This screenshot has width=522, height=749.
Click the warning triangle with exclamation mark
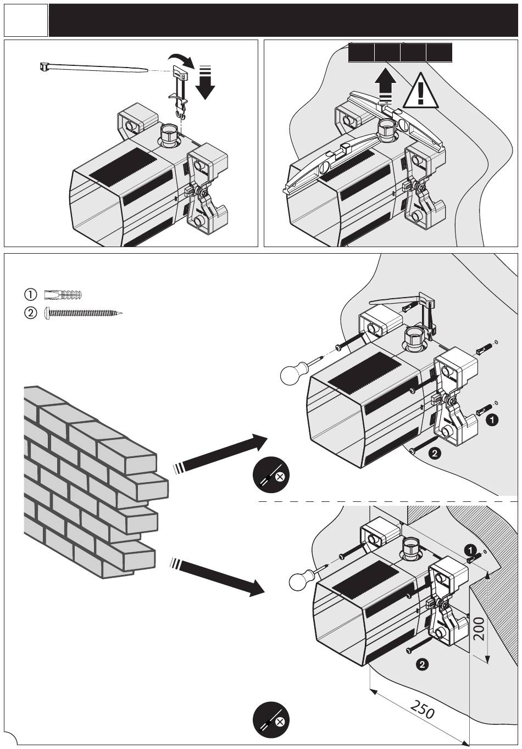pyautogui.click(x=421, y=91)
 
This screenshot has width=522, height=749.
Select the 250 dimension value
pyautogui.click(x=422, y=709)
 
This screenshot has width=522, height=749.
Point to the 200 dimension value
pyautogui.click(x=478, y=628)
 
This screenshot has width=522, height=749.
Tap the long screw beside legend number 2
pyautogui.click(x=82, y=314)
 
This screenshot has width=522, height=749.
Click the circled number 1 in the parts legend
pyautogui.click(x=31, y=294)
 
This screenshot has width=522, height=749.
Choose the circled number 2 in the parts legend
pyautogui.click(x=31, y=314)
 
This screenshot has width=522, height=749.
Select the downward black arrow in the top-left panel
pyautogui.click(x=205, y=82)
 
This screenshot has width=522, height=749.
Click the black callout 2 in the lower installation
pyautogui.click(x=422, y=665)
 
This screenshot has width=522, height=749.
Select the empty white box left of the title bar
pyautogui.click(x=25, y=20)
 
